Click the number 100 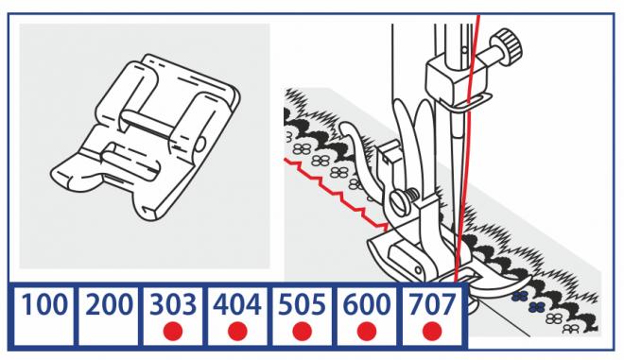(x=43, y=304)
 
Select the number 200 (x=109, y=304)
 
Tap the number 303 (x=173, y=304)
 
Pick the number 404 (x=237, y=304)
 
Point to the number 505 (x=302, y=304)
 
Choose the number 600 (x=367, y=304)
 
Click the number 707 (x=432, y=304)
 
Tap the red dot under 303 (x=173, y=332)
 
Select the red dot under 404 (x=237, y=332)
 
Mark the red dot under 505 (x=302, y=332)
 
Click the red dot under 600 (x=367, y=332)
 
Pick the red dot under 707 (x=432, y=332)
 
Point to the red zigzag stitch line (x=337, y=194)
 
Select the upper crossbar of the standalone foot (x=148, y=123)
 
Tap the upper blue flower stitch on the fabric (x=520, y=296)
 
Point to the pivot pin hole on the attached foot (x=418, y=270)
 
